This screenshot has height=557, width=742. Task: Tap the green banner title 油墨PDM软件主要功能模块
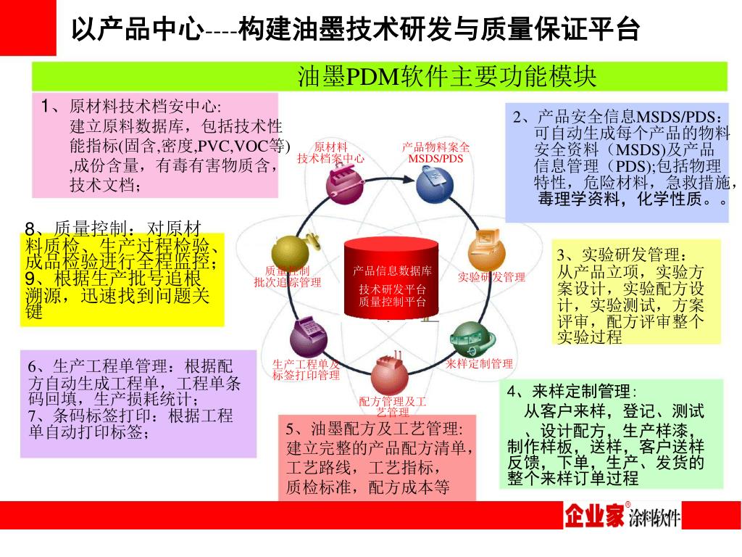(x=446, y=76)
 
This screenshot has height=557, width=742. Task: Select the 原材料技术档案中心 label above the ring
(x=331, y=153)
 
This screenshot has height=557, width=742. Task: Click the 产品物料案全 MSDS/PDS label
(x=435, y=153)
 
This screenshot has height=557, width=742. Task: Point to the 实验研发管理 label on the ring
(x=492, y=277)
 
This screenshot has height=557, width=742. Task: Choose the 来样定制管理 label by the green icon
(x=479, y=363)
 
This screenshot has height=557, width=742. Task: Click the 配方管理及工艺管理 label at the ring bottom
(x=393, y=406)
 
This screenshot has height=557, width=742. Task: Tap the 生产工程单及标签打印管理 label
(x=305, y=369)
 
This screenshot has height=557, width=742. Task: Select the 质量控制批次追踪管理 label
(x=288, y=277)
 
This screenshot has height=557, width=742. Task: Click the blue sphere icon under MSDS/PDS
(x=434, y=184)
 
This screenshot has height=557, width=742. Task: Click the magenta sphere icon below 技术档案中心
(x=344, y=183)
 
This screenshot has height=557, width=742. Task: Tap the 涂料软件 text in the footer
(x=654, y=518)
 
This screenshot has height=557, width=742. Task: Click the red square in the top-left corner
(x=28, y=27)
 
